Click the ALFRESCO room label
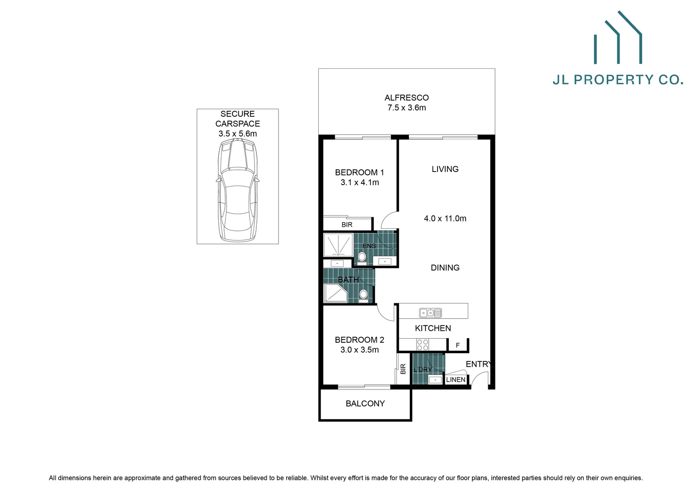[x=406, y=97]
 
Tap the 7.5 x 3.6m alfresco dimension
[x=406, y=108]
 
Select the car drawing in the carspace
[x=238, y=190]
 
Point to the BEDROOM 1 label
[x=359, y=173]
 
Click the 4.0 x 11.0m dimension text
[x=445, y=218]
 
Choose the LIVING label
[x=445, y=169]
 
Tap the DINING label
[x=445, y=268]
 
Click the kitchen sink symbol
[x=430, y=312]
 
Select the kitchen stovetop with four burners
[x=423, y=345]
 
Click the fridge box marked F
[x=458, y=345]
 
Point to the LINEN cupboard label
[x=456, y=379]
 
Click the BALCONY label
[x=365, y=403]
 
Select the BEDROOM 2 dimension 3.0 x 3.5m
[x=360, y=350]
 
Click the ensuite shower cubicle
[x=338, y=245]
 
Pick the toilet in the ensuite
[x=362, y=258]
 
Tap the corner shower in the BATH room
[x=335, y=293]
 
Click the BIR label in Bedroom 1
[x=347, y=225]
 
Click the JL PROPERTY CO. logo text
[x=618, y=80]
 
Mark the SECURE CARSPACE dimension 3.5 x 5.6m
[x=237, y=134]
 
